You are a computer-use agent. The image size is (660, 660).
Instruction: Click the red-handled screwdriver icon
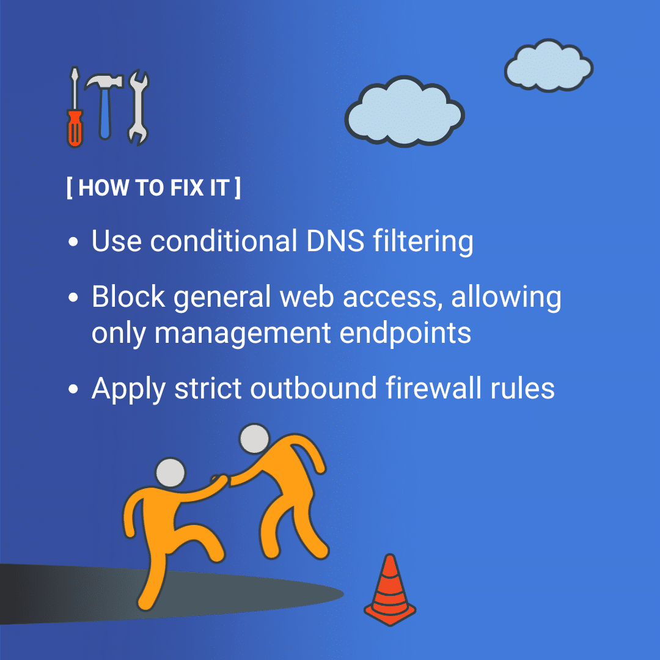75,108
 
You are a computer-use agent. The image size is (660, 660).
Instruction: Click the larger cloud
405,112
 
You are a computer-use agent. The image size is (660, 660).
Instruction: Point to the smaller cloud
548,65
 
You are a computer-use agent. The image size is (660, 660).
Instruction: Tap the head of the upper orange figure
254,439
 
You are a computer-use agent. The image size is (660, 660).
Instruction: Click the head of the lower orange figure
170,472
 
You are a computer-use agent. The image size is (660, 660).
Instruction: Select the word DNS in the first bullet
335,241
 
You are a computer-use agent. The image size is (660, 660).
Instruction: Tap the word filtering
423,242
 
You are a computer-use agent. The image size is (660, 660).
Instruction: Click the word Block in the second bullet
128,296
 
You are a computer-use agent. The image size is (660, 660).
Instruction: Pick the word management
243,334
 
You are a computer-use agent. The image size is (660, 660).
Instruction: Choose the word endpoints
405,333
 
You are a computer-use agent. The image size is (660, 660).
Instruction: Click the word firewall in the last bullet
433,387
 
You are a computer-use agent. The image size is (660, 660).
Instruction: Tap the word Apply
128,390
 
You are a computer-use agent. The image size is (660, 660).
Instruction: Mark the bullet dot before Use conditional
73,241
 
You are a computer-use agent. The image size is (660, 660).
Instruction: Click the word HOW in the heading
103,188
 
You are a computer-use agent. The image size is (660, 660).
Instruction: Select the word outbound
313,387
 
